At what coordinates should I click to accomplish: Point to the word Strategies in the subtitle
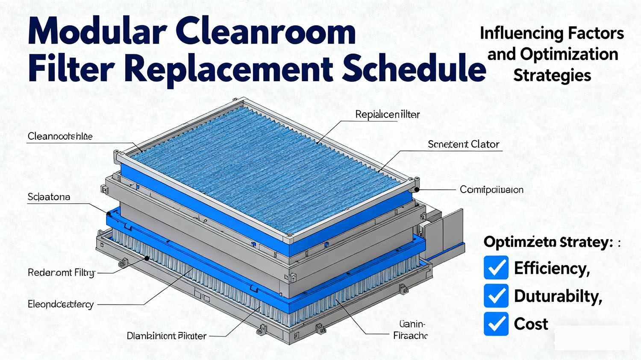point(552,76)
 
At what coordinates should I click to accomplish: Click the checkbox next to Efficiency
point(496,268)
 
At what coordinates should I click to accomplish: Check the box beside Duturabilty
point(496,296)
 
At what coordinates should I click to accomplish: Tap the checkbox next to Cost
point(496,324)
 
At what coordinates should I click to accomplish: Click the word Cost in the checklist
point(531,324)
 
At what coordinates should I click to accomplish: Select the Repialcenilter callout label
point(387,114)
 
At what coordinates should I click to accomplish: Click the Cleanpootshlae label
point(60,136)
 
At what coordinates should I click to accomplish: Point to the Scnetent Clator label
point(463,144)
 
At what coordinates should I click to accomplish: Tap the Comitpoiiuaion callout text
point(491,190)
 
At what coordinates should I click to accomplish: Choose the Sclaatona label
point(49,197)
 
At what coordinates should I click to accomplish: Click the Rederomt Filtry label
point(61,272)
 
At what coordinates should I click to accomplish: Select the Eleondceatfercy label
point(60,304)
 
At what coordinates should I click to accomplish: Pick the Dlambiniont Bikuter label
point(167,336)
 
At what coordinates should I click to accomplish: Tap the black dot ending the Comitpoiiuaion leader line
point(416,189)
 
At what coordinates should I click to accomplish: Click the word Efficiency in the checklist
point(552,269)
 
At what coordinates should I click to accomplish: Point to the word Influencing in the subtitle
point(515,33)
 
